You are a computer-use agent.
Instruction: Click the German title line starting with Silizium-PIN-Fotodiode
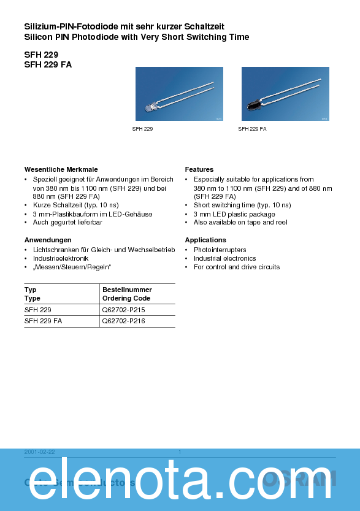pyautogui.click(x=124, y=26)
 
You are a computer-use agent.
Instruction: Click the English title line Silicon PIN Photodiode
pyautogui.click(x=136, y=37)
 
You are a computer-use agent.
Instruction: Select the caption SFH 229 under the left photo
pyautogui.click(x=142, y=129)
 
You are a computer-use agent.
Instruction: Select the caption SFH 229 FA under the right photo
pyautogui.click(x=252, y=129)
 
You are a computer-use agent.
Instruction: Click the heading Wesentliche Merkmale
pyautogui.click(x=61, y=169)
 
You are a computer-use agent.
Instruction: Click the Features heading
pyautogui.click(x=199, y=169)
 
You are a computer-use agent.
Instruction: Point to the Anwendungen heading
pyautogui.click(x=48, y=240)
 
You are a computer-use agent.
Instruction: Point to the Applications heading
pyautogui.click(x=205, y=240)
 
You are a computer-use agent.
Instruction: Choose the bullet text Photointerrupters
pyautogui.click(x=220, y=250)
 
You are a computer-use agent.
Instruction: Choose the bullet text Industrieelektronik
pyautogui.click(x=61, y=258)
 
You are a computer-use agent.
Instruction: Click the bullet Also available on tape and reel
pyautogui.click(x=240, y=222)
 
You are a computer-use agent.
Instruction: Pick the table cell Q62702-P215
pyautogui.click(x=123, y=310)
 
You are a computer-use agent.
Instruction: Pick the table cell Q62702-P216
pyautogui.click(x=123, y=321)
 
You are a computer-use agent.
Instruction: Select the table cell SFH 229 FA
pyautogui.click(x=43, y=321)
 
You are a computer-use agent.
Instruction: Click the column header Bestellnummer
pyautogui.click(x=127, y=290)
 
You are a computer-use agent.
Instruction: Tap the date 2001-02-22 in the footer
pyautogui.click(x=40, y=452)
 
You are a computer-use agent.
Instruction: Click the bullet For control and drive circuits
pyautogui.click(x=236, y=267)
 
